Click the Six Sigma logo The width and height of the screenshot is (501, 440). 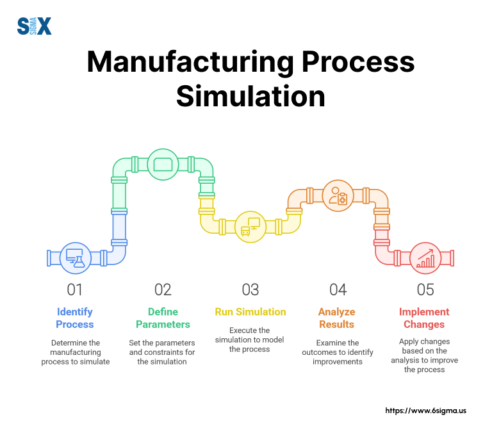[x=34, y=26]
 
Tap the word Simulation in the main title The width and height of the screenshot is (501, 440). [x=250, y=96]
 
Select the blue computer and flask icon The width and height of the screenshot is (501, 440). [x=75, y=257]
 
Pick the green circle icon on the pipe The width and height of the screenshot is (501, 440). [x=163, y=165]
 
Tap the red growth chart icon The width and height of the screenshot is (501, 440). [x=425, y=257]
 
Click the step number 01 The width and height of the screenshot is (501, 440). [x=75, y=289]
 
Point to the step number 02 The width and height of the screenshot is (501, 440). [x=163, y=289]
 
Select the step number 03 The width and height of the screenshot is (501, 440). [x=250, y=289]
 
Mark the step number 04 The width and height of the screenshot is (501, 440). [x=338, y=289]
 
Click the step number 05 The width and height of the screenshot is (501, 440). [x=425, y=289]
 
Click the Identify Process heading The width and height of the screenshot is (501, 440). [x=75, y=318]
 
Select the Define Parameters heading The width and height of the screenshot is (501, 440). [x=163, y=318]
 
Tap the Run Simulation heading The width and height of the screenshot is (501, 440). [x=250, y=312]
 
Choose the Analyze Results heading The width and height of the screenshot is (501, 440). [x=338, y=318]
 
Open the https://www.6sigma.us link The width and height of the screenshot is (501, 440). [x=425, y=411]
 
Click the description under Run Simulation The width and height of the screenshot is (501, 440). [x=250, y=339]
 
